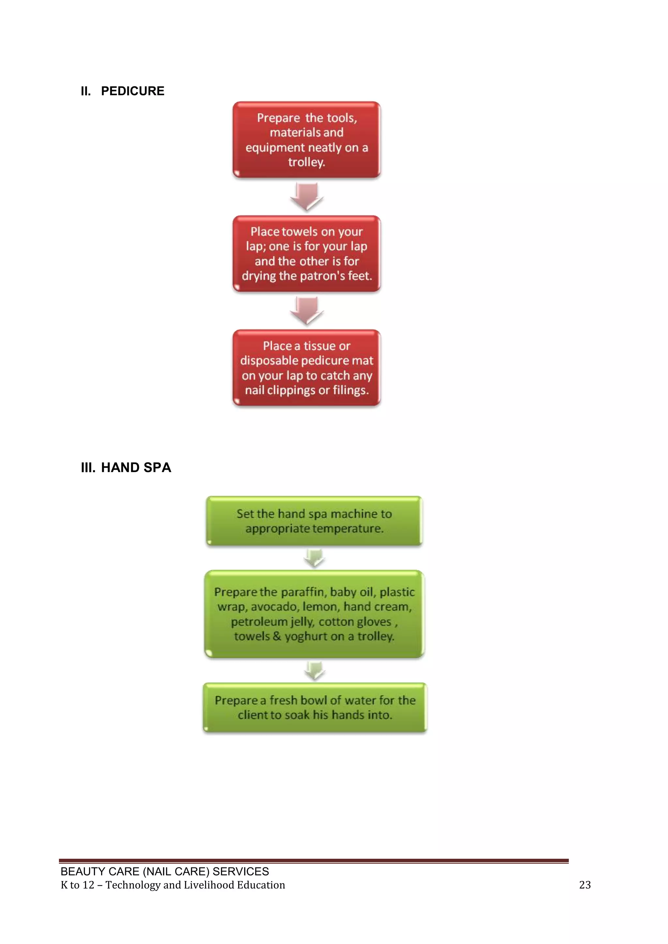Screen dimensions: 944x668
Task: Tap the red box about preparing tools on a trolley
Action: [x=307, y=140]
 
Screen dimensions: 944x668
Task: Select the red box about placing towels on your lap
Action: [x=307, y=254]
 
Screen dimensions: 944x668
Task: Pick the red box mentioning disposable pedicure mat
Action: [x=307, y=368]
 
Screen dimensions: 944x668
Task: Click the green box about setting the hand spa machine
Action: [x=314, y=521]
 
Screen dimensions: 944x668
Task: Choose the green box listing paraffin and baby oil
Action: [x=314, y=614]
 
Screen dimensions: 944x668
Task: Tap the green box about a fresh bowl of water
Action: [x=315, y=707]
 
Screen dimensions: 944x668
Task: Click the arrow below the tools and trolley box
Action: [x=307, y=197]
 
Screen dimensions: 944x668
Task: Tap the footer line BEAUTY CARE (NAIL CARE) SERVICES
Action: [x=164, y=871]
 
